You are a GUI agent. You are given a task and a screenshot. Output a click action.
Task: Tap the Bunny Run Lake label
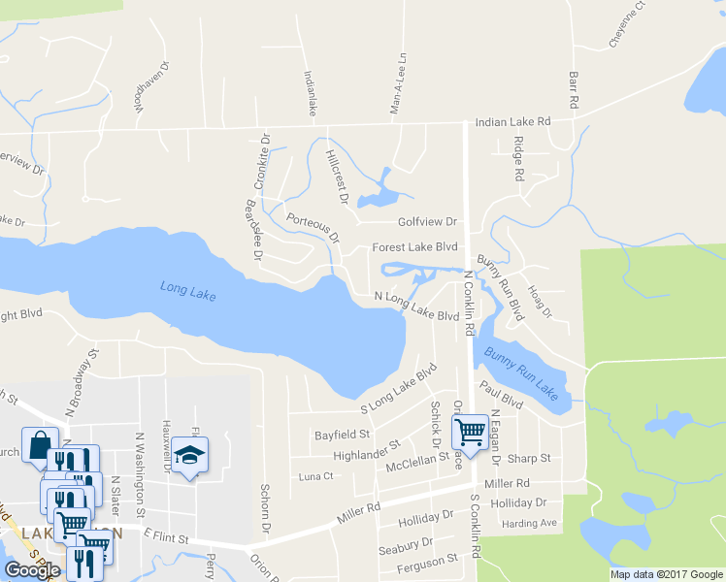click(521, 372)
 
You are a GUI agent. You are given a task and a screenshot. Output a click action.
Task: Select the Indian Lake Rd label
click(512, 122)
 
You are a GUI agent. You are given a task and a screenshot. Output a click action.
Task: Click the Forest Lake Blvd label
click(414, 247)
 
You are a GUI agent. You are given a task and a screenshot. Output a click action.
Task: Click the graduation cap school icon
click(191, 453)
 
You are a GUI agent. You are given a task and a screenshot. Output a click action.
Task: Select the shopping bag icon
click(40, 444)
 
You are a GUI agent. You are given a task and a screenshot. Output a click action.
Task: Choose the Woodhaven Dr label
click(152, 89)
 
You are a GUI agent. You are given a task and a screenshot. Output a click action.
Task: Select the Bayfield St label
click(343, 435)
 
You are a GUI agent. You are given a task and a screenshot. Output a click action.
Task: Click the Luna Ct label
click(315, 476)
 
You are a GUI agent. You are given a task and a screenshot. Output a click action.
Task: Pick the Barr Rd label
click(574, 88)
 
